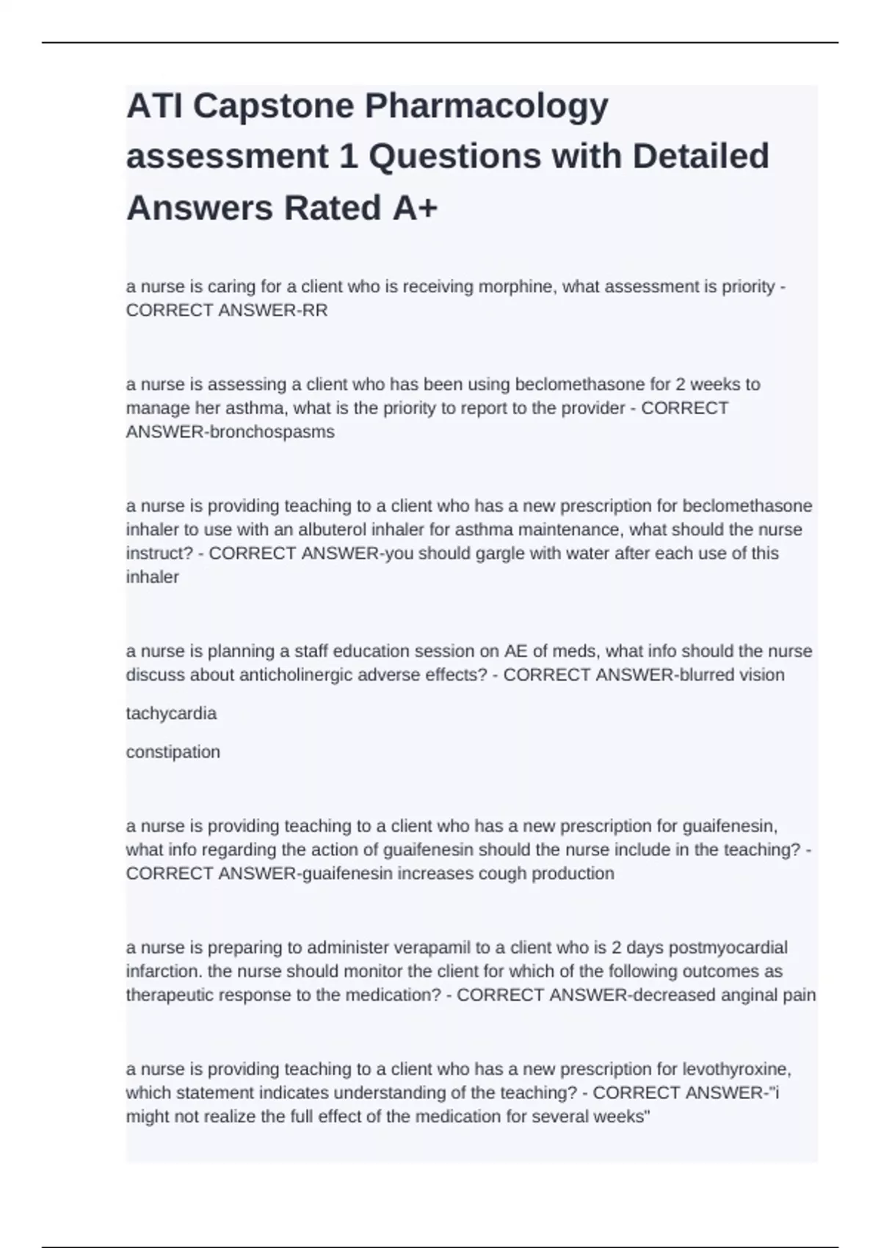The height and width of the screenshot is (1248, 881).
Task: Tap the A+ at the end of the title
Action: tap(415, 208)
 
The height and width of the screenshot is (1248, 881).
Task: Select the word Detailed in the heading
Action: tap(700, 156)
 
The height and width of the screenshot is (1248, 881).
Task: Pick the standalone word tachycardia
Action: tap(171, 714)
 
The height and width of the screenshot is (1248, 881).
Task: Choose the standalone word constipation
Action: tap(173, 752)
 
